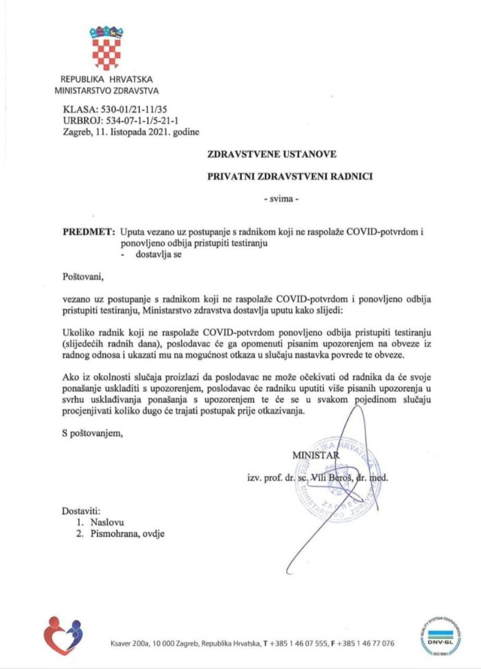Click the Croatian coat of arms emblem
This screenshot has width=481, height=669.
pyautogui.click(x=105, y=48)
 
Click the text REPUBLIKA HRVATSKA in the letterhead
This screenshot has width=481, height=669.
pyautogui.click(x=106, y=80)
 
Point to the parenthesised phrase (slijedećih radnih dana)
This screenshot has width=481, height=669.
pyautogui.click(x=113, y=343)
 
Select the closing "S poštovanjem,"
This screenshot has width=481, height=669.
pyautogui.click(x=93, y=434)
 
